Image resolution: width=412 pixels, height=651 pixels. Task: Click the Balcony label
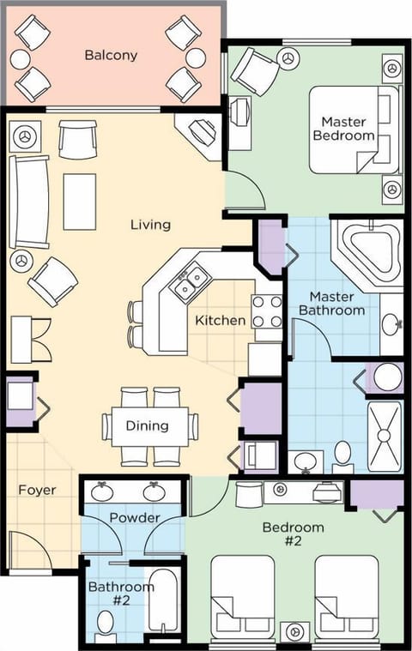tap(112, 55)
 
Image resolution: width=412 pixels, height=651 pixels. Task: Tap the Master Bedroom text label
tap(348, 129)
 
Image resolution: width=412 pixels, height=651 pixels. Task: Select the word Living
tap(150, 225)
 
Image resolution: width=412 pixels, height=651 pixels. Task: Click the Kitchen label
tap(221, 321)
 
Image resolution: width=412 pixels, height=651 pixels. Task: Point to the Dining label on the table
tap(147, 425)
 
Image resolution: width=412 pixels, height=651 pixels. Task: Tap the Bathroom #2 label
tap(121, 594)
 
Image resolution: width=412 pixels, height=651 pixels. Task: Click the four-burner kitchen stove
tap(266, 311)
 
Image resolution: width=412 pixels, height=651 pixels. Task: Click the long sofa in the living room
tap(28, 202)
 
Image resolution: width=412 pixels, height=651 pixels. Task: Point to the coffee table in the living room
tap(79, 202)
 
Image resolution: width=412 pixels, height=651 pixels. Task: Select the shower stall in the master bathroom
tap(385, 437)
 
